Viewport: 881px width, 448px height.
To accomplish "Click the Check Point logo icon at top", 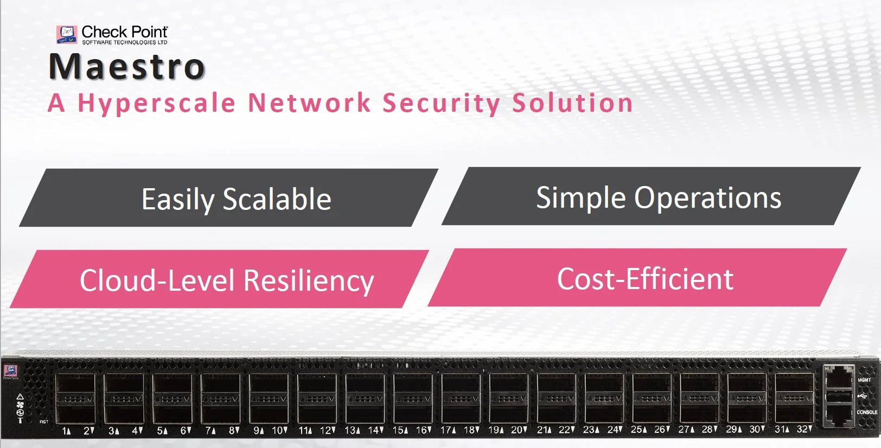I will click(67, 34).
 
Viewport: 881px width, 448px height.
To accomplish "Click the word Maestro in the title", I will click(127, 67).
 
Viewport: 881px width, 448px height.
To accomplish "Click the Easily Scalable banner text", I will click(236, 199).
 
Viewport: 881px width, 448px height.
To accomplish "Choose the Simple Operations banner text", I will click(659, 197).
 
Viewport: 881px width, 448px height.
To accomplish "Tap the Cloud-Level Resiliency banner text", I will click(227, 280).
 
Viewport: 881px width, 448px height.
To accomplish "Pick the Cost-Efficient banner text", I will click(645, 279).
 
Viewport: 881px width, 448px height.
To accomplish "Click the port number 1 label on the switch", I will click(65, 431).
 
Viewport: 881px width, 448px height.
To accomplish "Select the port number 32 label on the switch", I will click(802, 429).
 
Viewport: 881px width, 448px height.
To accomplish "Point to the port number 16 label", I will click(421, 430).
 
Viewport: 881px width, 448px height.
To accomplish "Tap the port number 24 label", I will click(612, 430).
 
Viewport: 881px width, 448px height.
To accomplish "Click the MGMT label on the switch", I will click(864, 380).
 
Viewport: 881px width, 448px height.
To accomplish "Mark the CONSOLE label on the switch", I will click(867, 412).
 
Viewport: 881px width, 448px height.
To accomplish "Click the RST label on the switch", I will click(44, 421).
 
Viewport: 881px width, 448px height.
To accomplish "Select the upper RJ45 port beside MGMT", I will click(839, 376).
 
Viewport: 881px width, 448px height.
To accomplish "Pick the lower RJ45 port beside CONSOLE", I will click(839, 414).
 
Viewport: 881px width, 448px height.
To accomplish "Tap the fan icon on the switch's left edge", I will click(20, 405).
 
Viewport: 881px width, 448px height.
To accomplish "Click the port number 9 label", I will click(257, 431).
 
